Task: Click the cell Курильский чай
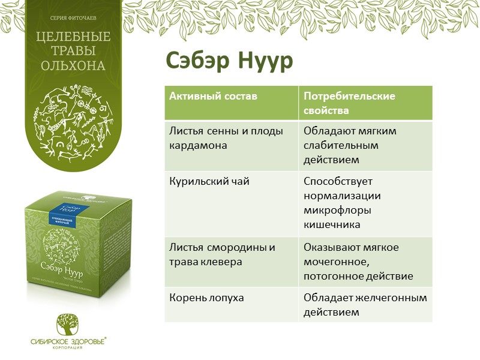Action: [x=200, y=181]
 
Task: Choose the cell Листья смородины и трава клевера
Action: [x=222, y=254]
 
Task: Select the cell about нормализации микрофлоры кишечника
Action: [x=342, y=202]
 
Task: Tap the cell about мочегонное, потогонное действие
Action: [x=358, y=262]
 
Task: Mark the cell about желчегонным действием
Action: [x=365, y=305]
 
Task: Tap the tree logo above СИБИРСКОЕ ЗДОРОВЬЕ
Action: [x=68, y=325]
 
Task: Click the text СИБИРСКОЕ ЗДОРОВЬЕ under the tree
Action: [x=67, y=341]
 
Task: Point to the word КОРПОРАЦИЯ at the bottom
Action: [x=68, y=348]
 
